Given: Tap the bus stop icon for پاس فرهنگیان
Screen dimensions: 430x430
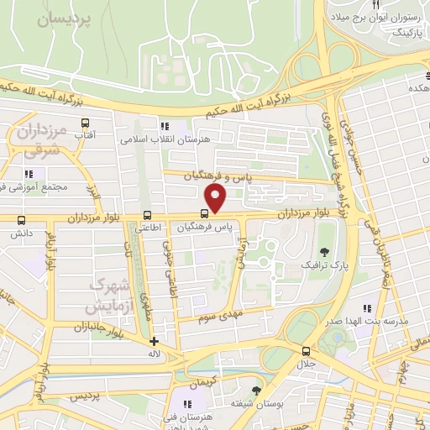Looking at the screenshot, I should [x=205, y=213].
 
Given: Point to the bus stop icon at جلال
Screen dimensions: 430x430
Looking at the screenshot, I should [x=305, y=352].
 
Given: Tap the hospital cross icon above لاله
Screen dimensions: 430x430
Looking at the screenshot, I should [x=153, y=341].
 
